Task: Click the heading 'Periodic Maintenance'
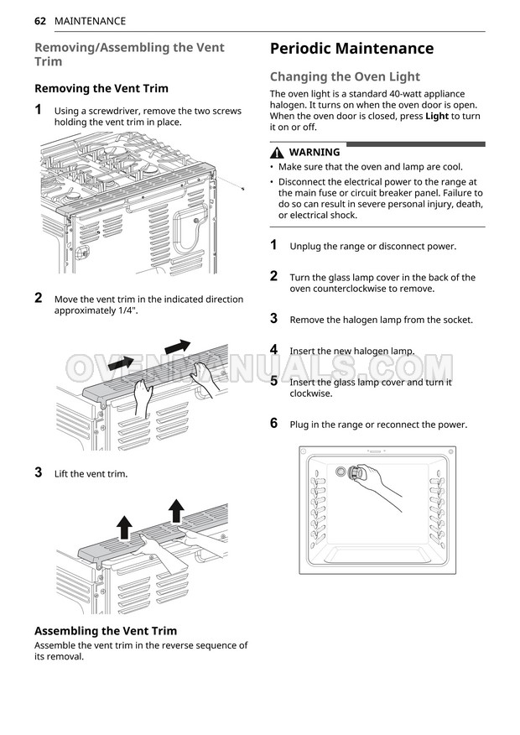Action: (351, 49)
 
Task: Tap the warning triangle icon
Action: (277, 153)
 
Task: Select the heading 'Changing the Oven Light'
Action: (345, 76)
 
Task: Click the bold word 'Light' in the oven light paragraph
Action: (437, 117)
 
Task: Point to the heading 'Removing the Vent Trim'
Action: (101, 88)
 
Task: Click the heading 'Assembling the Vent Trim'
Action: (105, 630)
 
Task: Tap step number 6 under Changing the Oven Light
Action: (273, 423)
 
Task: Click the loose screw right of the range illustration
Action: (242, 190)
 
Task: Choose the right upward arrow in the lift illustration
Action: (175, 509)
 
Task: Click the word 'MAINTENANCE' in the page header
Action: (90, 21)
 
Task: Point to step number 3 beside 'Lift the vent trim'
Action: (39, 472)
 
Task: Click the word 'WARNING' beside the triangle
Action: (315, 153)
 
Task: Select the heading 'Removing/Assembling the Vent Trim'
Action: (129, 55)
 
